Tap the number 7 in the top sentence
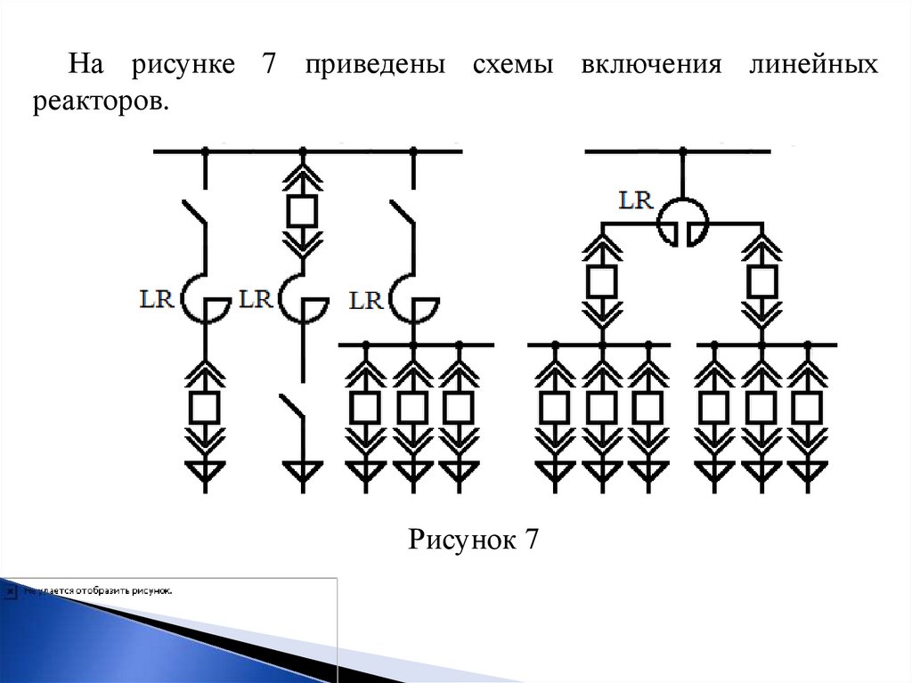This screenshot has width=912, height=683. pos(268,67)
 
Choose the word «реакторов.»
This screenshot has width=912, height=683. pos(101,102)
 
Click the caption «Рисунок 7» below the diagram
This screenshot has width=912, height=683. pos(474,540)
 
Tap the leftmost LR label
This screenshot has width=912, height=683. pos(157,298)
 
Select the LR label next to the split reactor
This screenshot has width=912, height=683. pos(636,200)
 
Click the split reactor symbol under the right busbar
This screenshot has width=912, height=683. pos(683,223)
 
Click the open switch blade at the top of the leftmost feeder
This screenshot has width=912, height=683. pos(196,218)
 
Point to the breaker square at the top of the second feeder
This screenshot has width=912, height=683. pos(302,211)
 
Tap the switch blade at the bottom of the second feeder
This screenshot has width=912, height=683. pos(291,411)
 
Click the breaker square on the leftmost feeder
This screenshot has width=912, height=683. pos(206,407)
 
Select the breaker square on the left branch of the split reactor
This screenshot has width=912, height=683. pos(602,282)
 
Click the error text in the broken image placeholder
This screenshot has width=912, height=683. pos(98,590)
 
